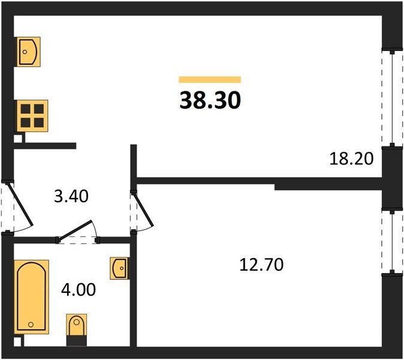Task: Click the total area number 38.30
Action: click(210, 100)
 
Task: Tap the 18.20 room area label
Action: click(351, 158)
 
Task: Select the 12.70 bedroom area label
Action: click(261, 265)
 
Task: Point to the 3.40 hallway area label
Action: click(71, 196)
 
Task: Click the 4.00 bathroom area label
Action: click(79, 289)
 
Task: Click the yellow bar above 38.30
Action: click(210, 80)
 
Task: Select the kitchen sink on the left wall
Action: click(28, 52)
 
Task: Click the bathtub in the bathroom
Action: click(31, 296)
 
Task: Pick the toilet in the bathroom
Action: click(77, 325)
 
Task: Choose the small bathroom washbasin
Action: click(119, 268)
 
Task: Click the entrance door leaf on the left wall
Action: click(20, 204)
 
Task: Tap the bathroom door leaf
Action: click(75, 230)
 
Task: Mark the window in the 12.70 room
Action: click(392, 242)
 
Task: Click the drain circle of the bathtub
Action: click(31, 325)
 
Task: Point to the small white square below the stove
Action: click(18, 139)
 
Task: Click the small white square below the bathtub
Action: click(17, 342)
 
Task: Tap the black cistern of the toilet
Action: click(77, 341)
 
